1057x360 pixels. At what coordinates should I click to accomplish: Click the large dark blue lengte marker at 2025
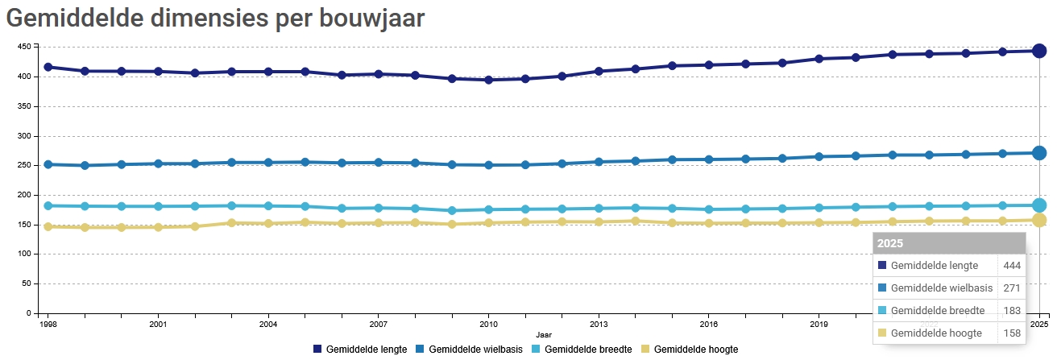[x=1039, y=51]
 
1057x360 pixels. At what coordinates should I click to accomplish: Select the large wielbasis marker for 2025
[x=1039, y=153]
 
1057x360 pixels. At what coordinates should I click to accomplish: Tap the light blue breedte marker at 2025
[x=1039, y=205]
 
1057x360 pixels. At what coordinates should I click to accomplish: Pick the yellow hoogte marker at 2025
[x=1039, y=220]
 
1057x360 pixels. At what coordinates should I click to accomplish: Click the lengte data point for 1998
[x=48, y=67]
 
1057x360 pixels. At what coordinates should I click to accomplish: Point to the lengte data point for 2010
[x=488, y=80]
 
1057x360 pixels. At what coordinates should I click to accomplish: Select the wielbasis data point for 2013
[x=599, y=162]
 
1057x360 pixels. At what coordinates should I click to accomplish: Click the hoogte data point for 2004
[x=268, y=223]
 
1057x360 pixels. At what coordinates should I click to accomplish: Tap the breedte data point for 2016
[x=709, y=209]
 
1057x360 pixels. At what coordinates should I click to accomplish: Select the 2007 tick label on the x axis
[x=378, y=325]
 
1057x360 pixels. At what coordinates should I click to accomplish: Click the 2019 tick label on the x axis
[x=819, y=325]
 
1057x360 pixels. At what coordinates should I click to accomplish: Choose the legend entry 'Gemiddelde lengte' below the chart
[x=360, y=350]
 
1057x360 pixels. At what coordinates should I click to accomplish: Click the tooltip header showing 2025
[x=949, y=243]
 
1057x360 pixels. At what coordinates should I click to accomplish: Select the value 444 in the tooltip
[x=1012, y=266]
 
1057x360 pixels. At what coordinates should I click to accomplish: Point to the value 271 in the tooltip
[x=1012, y=288]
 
